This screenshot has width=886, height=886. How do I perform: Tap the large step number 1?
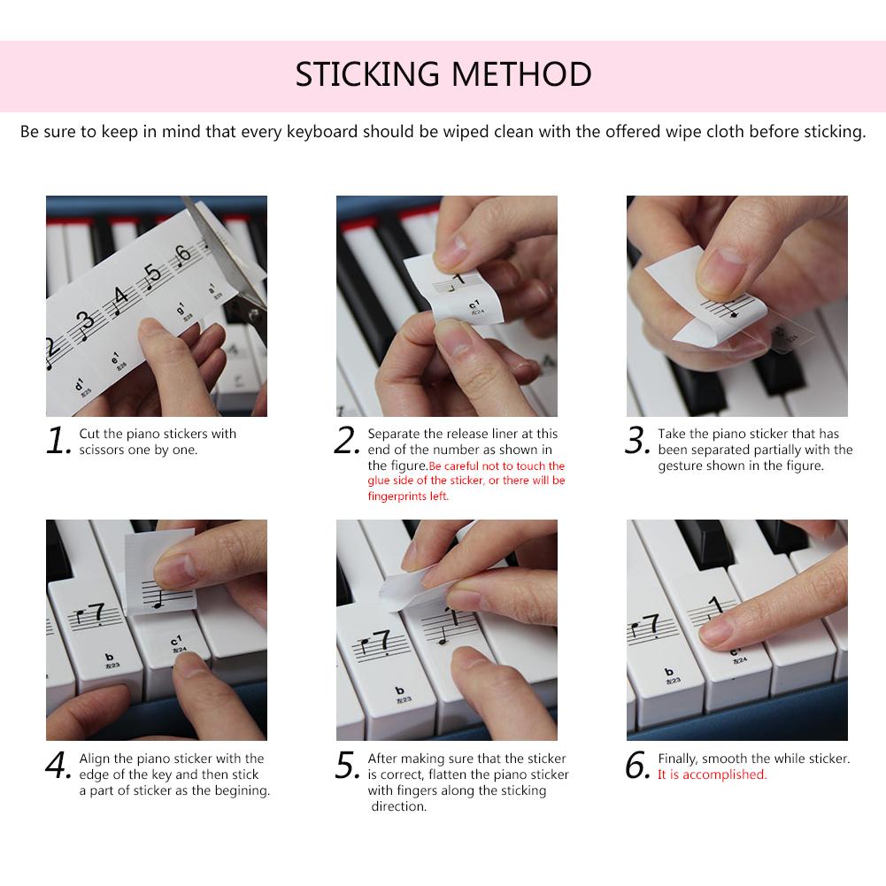coord(58,440)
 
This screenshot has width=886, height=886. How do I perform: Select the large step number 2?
coord(347,440)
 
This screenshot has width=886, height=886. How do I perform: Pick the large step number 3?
coord(637,440)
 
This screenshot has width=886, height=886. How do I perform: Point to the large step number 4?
coord(58,765)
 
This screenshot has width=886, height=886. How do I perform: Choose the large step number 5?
coord(347,765)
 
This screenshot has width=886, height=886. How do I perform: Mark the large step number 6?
coord(637,765)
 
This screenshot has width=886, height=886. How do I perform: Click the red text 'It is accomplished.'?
coord(712,774)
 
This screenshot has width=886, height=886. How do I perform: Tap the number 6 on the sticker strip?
coord(182,253)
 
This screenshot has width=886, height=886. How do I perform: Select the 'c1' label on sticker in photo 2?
coord(474,305)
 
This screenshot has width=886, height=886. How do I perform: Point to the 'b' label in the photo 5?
coord(400,690)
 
